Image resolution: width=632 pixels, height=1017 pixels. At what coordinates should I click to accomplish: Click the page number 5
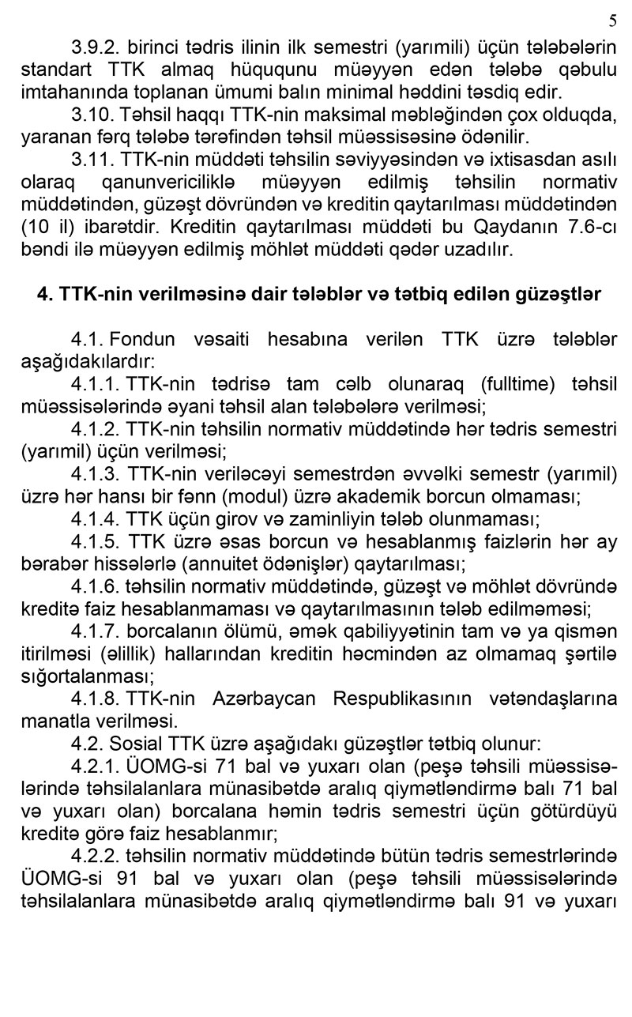pos(613,21)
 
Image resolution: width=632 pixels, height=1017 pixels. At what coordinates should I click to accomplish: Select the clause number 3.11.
pos(91,160)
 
